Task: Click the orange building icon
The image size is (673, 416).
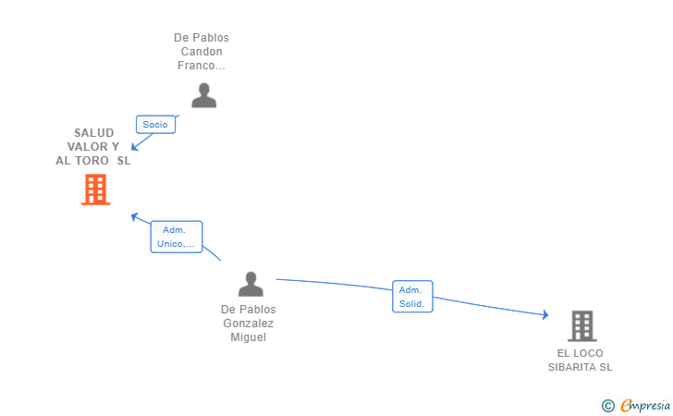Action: tap(95, 190)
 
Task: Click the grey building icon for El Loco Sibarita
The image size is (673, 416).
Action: tap(582, 325)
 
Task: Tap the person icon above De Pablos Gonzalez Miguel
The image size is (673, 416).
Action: tap(251, 284)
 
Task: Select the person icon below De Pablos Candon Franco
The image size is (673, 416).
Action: tap(204, 95)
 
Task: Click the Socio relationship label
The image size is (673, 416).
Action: tap(155, 125)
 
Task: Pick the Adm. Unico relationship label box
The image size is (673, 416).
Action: tap(177, 237)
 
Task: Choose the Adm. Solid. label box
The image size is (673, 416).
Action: tap(412, 297)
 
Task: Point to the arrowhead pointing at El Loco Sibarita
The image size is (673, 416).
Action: tap(545, 315)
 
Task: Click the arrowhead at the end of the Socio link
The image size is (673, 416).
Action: tap(134, 147)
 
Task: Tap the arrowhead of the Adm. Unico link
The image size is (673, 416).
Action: tap(134, 217)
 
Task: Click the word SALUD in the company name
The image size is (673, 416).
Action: tap(94, 132)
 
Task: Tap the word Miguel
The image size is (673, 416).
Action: tap(248, 337)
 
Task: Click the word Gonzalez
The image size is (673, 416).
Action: tap(248, 324)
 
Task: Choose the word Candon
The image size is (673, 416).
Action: tap(202, 52)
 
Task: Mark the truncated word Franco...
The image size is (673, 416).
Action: tap(202, 66)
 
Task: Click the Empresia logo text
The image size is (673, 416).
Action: tap(645, 405)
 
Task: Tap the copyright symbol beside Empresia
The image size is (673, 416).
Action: tap(608, 406)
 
